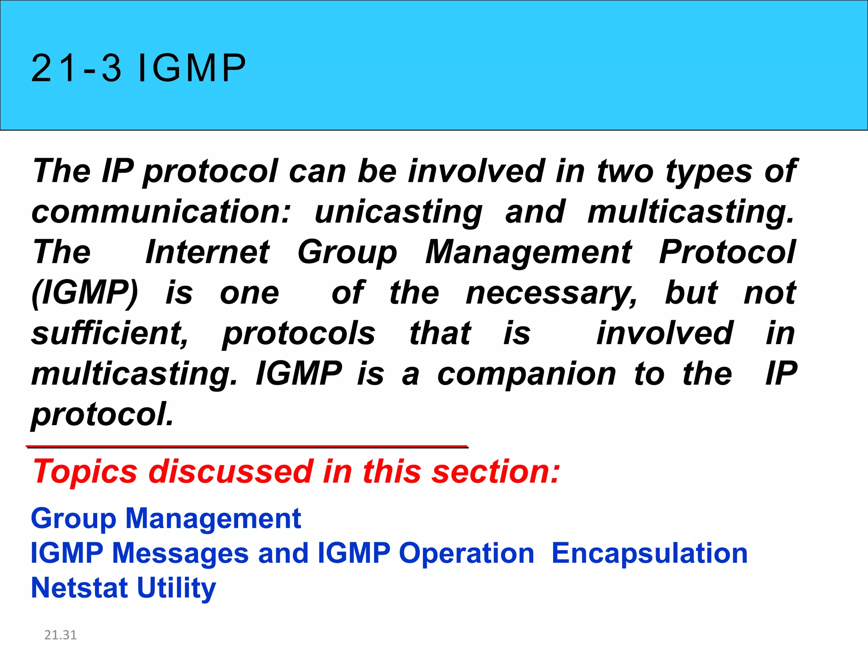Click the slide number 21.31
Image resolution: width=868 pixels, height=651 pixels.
(60, 635)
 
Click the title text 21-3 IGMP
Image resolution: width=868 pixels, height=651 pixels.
(139, 68)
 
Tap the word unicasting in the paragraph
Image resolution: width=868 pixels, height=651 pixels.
(398, 212)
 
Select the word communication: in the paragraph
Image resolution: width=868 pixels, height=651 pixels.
(161, 211)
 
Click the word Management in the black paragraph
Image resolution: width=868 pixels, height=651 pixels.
(529, 253)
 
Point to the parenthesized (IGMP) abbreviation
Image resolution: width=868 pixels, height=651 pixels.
(85, 293)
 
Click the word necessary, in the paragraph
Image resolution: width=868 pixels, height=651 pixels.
(551, 293)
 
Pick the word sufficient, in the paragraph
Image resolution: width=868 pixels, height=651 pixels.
(110, 334)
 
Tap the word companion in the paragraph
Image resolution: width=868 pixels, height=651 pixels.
(526, 374)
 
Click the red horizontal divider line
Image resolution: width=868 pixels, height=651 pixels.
(247, 446)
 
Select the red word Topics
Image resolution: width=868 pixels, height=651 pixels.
(85, 472)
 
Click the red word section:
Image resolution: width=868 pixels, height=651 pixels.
(495, 472)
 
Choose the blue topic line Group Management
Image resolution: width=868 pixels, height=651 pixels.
(166, 519)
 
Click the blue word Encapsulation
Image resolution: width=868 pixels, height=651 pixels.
(649, 554)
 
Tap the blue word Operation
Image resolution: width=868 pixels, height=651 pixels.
(466, 554)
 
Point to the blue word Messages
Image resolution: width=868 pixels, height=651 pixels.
(180, 554)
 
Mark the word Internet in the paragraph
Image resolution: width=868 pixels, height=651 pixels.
(207, 253)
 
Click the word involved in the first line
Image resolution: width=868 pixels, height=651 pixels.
(476, 171)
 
